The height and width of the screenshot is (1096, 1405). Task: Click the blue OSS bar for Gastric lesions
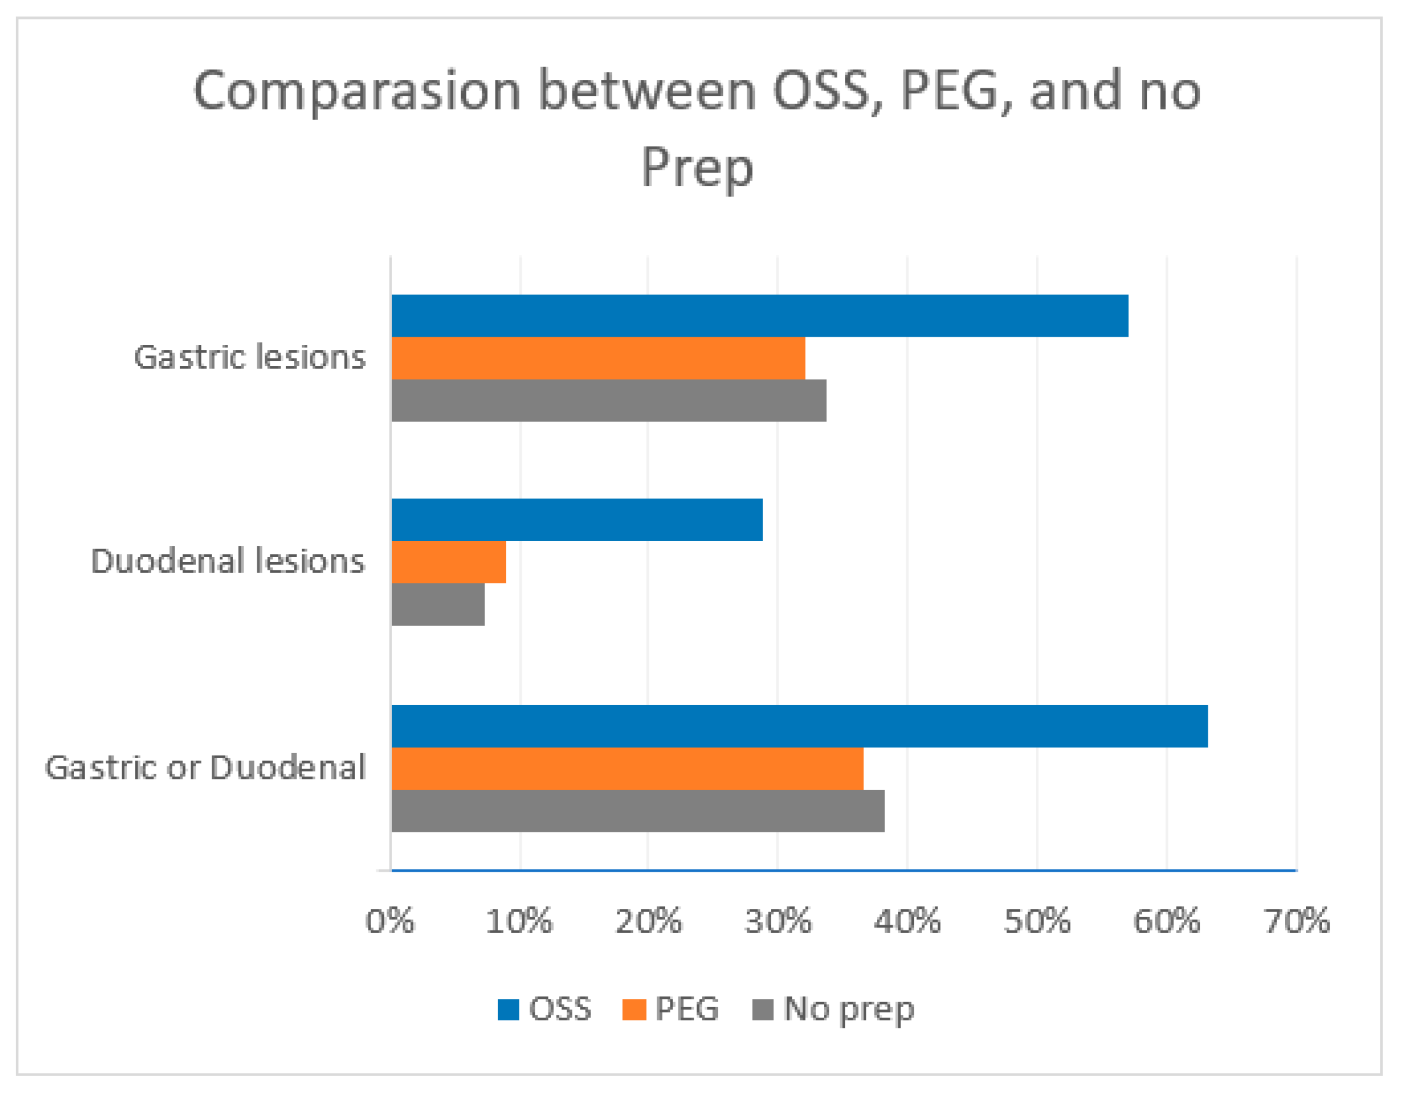[759, 316]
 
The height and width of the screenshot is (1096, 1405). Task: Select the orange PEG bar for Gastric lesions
[598, 358]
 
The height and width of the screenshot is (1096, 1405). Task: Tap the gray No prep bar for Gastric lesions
[608, 401]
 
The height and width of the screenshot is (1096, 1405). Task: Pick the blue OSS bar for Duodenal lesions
[577, 520]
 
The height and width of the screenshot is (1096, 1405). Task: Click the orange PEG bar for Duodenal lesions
[448, 562]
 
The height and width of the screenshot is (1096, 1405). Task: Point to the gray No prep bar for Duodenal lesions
[438, 605]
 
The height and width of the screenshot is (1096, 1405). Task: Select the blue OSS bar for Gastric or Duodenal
[800, 726]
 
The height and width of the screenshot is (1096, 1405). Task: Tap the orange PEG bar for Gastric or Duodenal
[627, 769]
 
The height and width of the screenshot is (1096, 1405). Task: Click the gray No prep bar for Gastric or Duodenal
[638, 811]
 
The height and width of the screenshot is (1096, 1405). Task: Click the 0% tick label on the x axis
[390, 921]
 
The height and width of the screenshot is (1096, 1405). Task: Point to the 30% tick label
[778, 921]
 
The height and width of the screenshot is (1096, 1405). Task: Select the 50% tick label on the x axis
[1037, 921]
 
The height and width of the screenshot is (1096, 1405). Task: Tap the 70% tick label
[1296, 921]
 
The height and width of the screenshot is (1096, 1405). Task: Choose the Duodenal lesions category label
[228, 561]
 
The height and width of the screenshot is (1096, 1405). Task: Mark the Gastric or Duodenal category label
[206, 768]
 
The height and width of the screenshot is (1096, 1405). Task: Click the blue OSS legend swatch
[508, 1009]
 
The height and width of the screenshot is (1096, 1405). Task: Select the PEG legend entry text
[687, 1008]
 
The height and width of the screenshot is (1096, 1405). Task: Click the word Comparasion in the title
[357, 91]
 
